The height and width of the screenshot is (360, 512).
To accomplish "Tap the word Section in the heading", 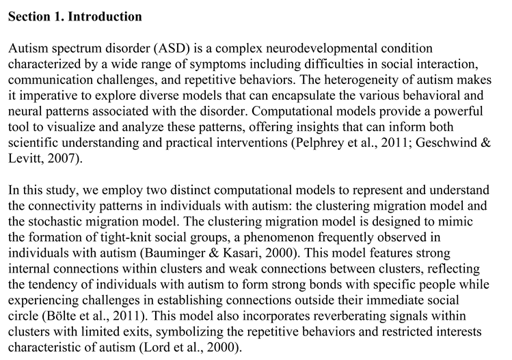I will point(29,16).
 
